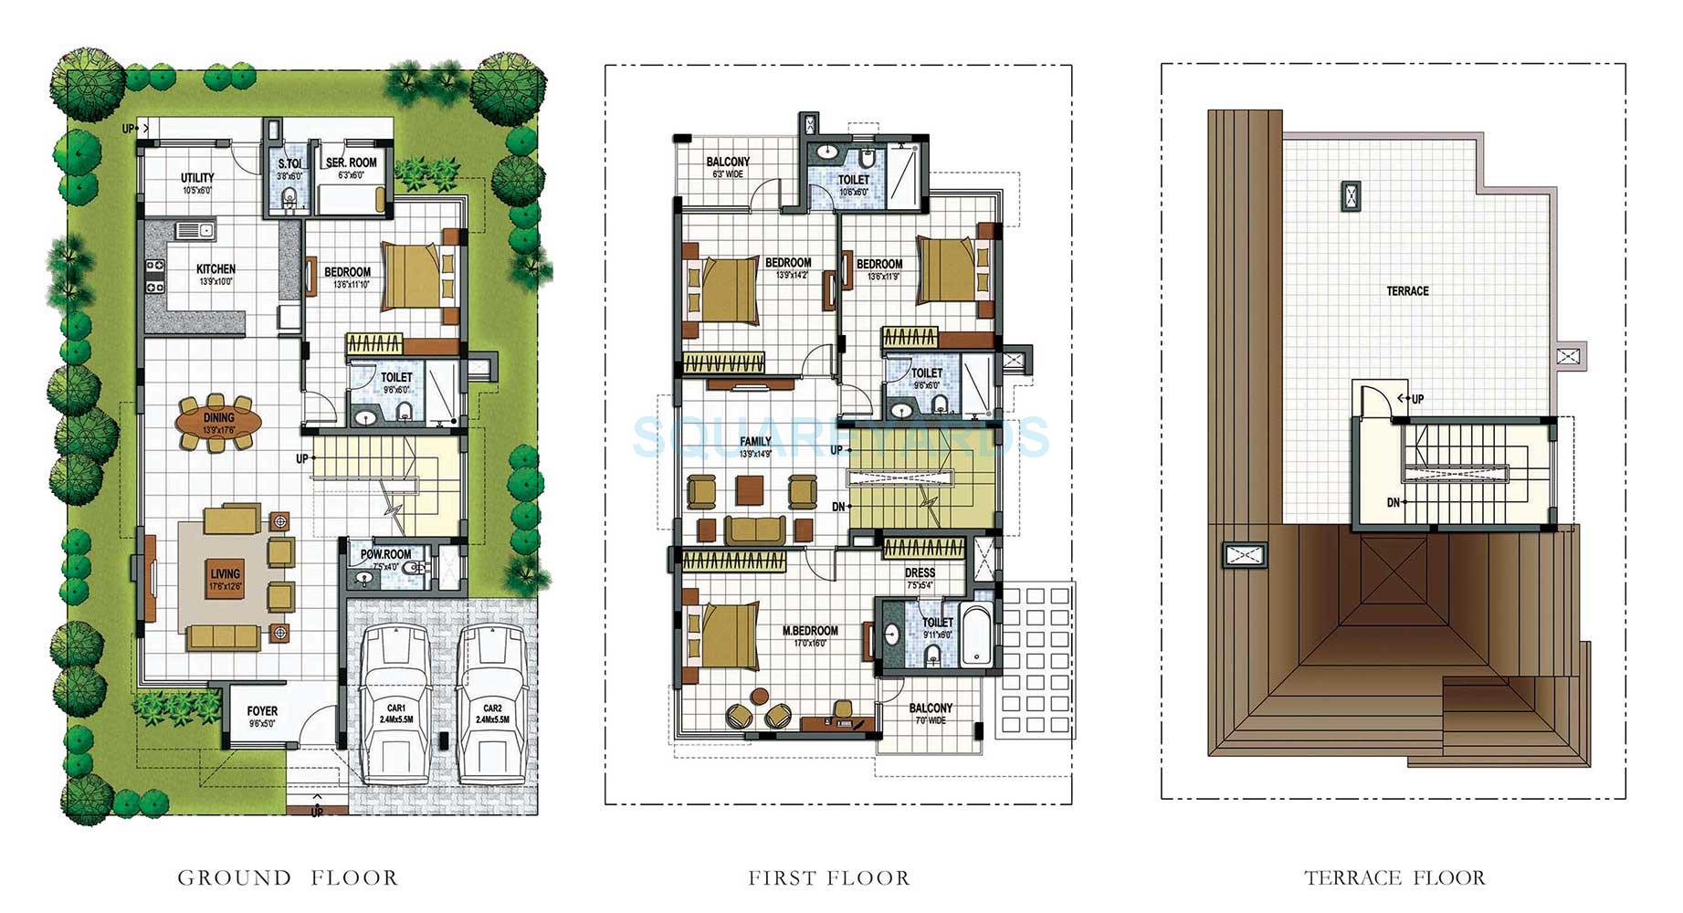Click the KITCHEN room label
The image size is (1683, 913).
[216, 269]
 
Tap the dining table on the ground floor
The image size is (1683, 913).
[218, 423]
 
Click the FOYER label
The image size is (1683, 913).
[262, 711]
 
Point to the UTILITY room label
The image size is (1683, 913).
[197, 178]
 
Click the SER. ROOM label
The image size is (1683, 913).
[351, 163]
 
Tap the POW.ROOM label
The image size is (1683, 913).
[385, 554]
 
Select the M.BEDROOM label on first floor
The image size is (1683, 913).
[810, 631]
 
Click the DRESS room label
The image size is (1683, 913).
[920, 573]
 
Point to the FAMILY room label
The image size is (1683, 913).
[755, 442]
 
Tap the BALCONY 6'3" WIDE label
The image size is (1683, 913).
[728, 163]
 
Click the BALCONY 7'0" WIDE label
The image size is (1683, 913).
[931, 708]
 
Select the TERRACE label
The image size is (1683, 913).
[1407, 291]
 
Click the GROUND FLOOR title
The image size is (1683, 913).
[288, 878]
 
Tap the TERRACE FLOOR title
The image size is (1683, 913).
[1394, 878]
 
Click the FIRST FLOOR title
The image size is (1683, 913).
[829, 878]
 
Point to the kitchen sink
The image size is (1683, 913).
[195, 230]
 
